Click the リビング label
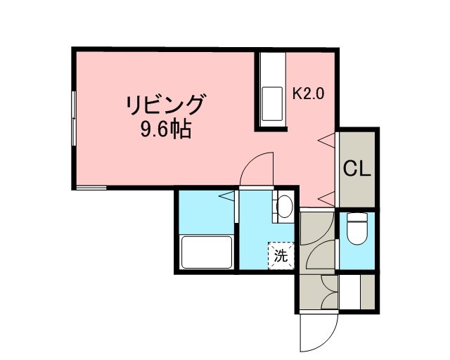pyautogui.click(x=166, y=104)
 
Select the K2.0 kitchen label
pyautogui.click(x=308, y=94)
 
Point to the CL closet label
pyautogui.click(x=357, y=169)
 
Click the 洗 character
pyautogui.click(x=281, y=255)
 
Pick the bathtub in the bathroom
pyautogui.click(x=207, y=252)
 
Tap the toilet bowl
pyautogui.click(x=357, y=233)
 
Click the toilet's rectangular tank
pyautogui.click(x=357, y=217)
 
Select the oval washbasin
pyautogui.click(x=284, y=207)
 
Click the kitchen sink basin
pyautogui.click(x=272, y=103)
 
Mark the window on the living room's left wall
pyautogui.click(x=74, y=118)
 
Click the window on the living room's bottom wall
pyautogui.click(x=91, y=188)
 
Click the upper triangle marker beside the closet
pyautogui.click(x=327, y=141)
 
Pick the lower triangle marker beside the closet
pyautogui.click(x=327, y=199)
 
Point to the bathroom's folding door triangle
pyautogui.click(x=227, y=196)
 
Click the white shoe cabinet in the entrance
pyautogui.click(x=349, y=292)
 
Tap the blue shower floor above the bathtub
pyautogui.click(x=207, y=212)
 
